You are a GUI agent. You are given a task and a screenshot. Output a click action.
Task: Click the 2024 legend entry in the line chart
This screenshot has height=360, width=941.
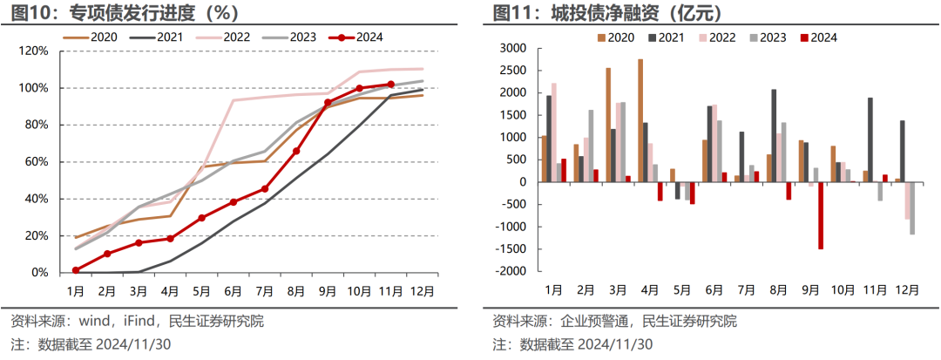(356, 37)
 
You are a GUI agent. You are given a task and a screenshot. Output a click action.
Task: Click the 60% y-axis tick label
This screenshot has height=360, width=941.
(37, 162)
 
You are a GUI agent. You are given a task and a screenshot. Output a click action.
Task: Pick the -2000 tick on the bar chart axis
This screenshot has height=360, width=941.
(511, 271)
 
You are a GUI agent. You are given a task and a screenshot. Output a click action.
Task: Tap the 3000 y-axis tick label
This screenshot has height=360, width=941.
(513, 48)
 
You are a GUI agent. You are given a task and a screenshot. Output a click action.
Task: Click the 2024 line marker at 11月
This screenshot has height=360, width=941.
(390, 85)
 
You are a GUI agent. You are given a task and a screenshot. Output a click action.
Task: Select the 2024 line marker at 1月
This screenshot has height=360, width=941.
(76, 270)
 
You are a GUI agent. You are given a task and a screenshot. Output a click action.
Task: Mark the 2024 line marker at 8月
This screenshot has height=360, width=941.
(296, 151)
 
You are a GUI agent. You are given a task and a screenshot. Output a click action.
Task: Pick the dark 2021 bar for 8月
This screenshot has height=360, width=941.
(774, 135)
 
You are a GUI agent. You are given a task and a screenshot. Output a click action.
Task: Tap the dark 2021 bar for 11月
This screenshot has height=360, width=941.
(870, 139)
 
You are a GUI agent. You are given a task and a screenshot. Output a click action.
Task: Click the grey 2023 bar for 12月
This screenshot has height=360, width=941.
(912, 208)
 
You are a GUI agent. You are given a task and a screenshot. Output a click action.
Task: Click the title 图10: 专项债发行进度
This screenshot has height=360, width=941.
(121, 13)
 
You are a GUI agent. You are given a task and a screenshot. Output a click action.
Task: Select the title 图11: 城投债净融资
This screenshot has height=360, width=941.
(606, 13)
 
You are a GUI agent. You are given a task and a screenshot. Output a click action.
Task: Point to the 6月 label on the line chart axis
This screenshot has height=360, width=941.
(233, 289)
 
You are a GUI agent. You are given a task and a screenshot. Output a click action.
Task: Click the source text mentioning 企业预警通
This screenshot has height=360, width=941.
(614, 321)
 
